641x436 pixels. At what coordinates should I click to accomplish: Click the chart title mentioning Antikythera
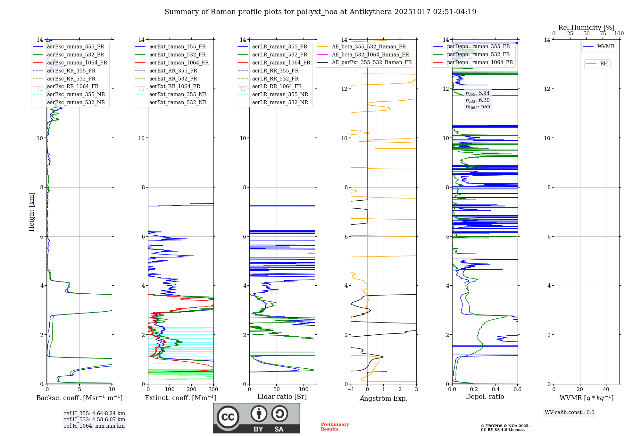[320, 12]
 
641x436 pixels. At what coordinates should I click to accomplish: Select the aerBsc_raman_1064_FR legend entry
[77, 63]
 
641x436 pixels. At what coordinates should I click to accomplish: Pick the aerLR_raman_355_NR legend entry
[280, 94]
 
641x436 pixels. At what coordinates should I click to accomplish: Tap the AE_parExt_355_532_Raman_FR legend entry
[371, 62]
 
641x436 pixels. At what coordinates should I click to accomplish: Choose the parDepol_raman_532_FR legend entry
[478, 54]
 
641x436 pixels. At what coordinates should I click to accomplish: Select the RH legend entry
[604, 64]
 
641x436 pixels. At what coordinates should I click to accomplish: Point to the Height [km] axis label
[31, 212]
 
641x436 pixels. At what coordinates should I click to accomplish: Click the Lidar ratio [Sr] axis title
[282, 397]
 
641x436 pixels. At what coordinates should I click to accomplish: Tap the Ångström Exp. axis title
[384, 398]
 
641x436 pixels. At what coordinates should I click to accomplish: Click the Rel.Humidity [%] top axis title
[586, 28]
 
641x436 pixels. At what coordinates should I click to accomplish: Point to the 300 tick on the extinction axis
[213, 390]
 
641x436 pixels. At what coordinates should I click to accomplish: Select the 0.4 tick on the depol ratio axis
[496, 390]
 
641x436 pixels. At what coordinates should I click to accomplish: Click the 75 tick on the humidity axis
[603, 34]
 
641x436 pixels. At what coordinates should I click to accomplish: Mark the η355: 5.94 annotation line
[478, 93]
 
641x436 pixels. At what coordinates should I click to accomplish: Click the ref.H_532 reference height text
[94, 419]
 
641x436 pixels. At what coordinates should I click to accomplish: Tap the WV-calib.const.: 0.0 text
[569, 413]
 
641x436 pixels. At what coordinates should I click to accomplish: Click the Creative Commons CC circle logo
[228, 417]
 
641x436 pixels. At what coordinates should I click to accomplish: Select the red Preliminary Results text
[335, 426]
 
